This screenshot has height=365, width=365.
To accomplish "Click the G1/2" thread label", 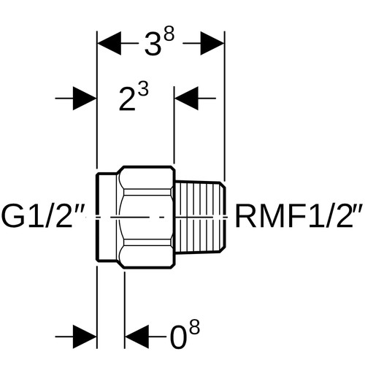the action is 44,217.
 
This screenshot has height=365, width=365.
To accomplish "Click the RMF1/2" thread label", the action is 299,216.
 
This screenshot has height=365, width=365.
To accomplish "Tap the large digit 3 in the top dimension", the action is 153,45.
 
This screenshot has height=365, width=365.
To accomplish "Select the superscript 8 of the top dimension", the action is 169,36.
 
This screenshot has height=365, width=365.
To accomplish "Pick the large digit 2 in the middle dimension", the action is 127,99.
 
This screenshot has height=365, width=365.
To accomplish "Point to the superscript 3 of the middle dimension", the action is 143,90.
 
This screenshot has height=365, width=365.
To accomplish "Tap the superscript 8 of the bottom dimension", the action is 194,328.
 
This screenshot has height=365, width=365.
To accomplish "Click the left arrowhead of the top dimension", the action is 109,43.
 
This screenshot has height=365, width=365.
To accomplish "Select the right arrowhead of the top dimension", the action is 212,43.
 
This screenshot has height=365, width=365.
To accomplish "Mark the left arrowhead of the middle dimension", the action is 85,99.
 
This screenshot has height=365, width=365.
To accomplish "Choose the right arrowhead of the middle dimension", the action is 186,99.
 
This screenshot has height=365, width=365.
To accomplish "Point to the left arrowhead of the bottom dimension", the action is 85,337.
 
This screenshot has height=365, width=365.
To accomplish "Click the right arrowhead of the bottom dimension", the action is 137,337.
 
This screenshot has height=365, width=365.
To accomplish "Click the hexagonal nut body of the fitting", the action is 146,217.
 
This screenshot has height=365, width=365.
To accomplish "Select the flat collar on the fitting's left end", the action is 107,217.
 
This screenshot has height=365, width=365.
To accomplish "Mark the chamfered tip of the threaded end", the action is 223,217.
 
